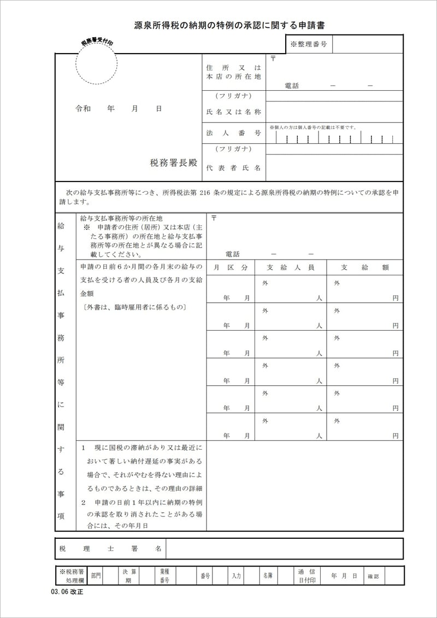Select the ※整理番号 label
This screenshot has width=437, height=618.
click(309, 44)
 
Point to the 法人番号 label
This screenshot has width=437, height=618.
click(233, 133)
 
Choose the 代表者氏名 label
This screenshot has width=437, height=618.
click(233, 168)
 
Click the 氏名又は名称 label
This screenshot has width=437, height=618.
click(233, 112)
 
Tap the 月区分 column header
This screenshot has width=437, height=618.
click(231, 267)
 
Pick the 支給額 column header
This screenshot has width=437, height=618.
click(364, 267)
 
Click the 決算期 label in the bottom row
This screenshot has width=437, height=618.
click(128, 575)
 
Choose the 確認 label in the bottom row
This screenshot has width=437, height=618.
click(373, 576)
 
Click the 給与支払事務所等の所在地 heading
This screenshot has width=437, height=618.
click(121, 217)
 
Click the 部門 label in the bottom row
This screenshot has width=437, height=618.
click(96, 576)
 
